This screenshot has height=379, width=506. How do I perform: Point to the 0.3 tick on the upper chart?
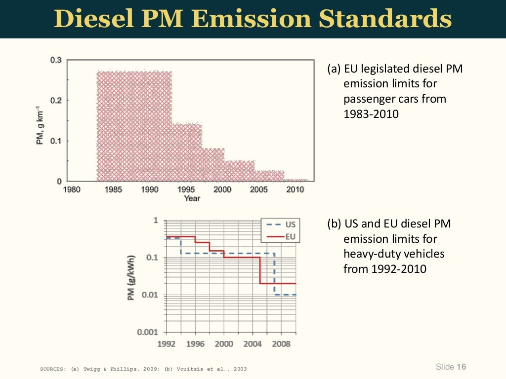tap(55, 60)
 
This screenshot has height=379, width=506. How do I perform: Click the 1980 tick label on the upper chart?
tap(72, 189)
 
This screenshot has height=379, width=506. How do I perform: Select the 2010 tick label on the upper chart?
tap(296, 189)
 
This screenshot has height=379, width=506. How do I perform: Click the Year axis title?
tap(192, 198)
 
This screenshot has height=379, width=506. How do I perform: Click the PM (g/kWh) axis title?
tap(131, 277)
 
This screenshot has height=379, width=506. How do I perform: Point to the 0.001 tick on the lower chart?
tap(148, 332)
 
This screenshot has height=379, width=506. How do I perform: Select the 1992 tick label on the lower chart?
tap(166, 344)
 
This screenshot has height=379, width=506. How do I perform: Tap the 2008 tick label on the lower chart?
tap(281, 344)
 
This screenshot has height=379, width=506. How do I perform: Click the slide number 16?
tap(462, 367)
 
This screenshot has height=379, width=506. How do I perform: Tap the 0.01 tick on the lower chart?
tap(150, 295)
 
